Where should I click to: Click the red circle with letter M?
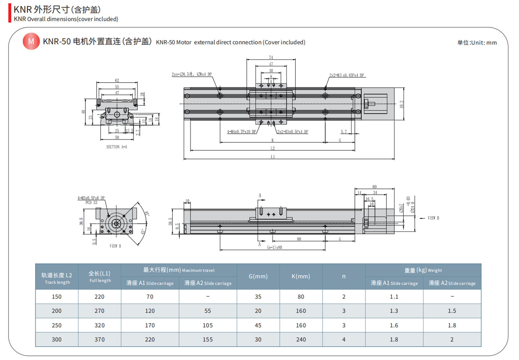point(31,41)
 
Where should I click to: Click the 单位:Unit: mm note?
point(477,43)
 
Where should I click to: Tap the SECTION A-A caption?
point(116,147)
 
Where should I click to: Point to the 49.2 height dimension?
point(402,104)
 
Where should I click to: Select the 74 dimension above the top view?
point(271,57)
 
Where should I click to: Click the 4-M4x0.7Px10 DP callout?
point(241,132)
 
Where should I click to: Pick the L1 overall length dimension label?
point(272,157)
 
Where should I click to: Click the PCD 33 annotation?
point(91,203)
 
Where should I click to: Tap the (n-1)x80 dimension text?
point(274,247)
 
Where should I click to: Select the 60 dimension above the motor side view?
point(374,186)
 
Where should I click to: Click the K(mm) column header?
point(301,276)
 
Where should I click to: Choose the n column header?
point(343,276)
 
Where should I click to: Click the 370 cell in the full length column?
point(99,339)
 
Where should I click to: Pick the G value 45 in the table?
point(258,325)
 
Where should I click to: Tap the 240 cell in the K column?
point(301,339)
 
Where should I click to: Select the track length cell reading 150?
point(57,297)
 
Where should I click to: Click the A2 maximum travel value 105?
point(208,325)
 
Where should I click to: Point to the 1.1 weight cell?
point(394,297)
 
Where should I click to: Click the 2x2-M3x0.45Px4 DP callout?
point(346,75)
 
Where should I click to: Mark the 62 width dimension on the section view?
point(117,80)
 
